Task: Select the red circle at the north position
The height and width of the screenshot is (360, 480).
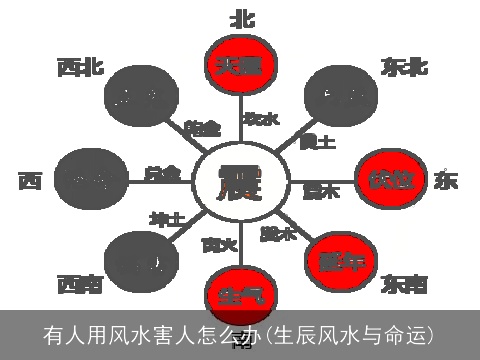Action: click(x=240, y=64)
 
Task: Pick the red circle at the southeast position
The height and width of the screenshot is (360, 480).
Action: click(x=342, y=261)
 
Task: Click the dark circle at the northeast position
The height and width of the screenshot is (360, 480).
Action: click(x=336, y=96)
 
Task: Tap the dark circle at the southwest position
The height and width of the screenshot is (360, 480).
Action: click(x=138, y=262)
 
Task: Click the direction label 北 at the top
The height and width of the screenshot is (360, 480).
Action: click(x=242, y=18)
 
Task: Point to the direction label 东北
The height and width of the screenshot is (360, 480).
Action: click(x=405, y=66)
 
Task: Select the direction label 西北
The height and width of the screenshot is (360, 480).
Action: click(x=80, y=68)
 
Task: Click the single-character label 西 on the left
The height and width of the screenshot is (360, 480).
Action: click(x=29, y=182)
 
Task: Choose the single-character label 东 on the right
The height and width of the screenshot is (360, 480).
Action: click(x=445, y=181)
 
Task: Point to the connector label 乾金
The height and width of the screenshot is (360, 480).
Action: click(x=203, y=128)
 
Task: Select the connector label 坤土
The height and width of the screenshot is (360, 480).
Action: click(x=167, y=218)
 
